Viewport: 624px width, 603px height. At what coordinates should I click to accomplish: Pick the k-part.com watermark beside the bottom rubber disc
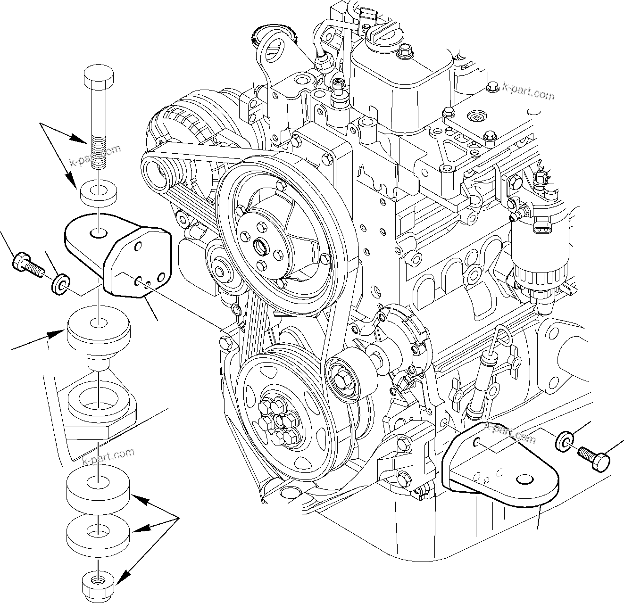click(108, 456)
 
